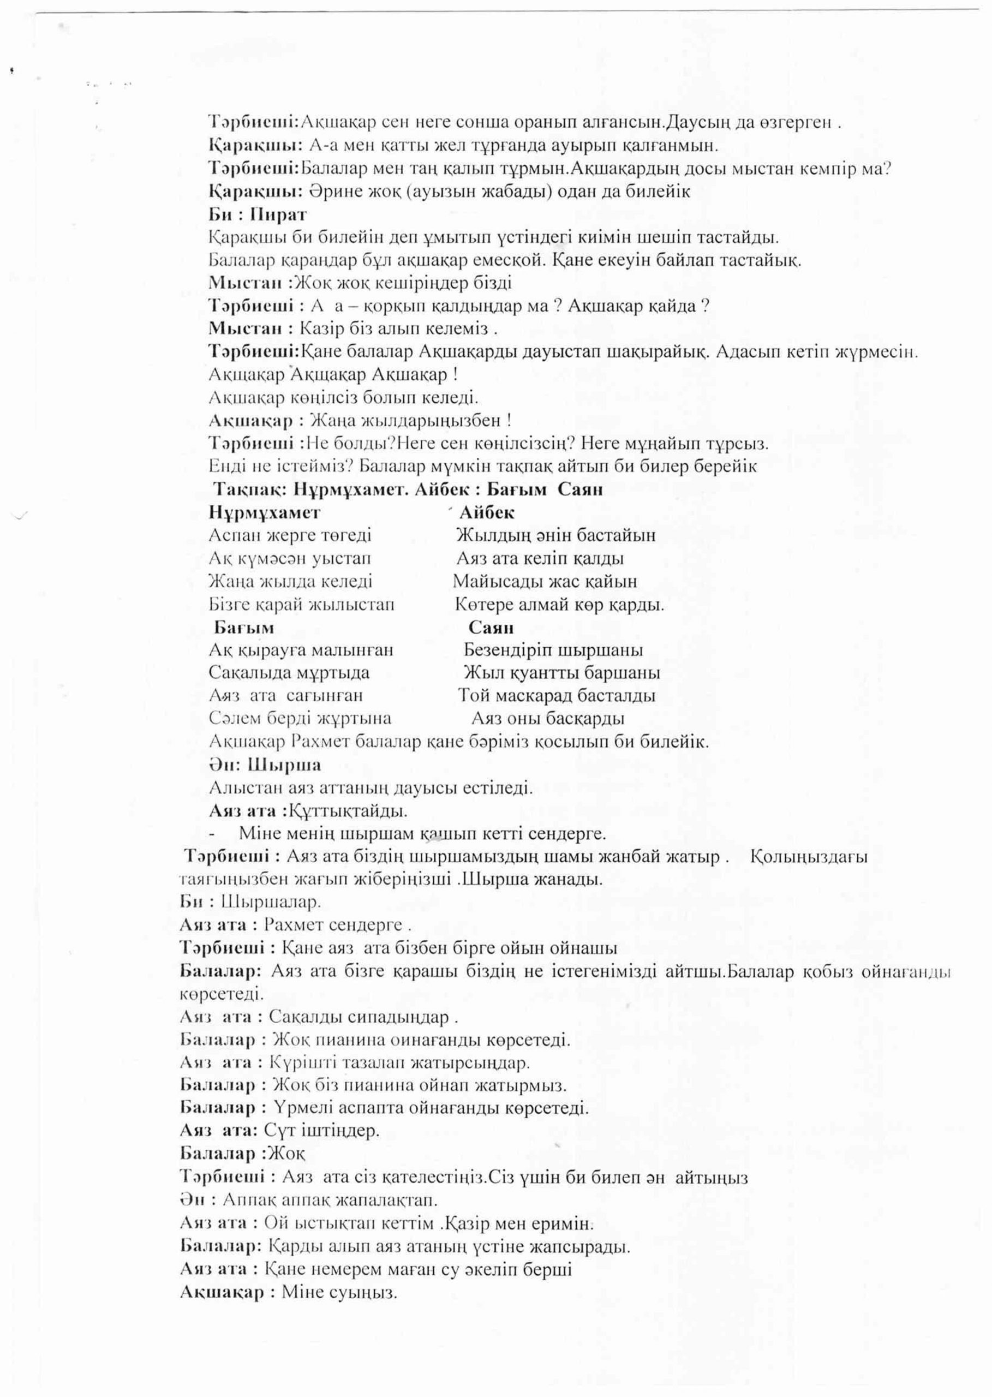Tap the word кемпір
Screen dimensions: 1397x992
834,169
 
